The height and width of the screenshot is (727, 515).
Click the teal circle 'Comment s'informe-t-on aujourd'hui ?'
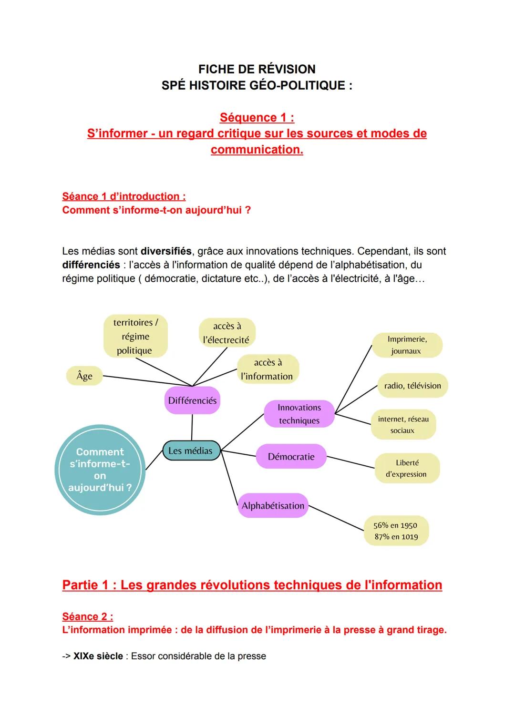pyautogui.click(x=100, y=470)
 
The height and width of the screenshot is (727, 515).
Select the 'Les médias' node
pyautogui.click(x=191, y=451)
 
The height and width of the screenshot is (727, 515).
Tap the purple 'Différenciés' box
pyautogui.click(x=192, y=400)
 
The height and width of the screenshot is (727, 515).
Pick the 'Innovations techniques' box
pyautogui.click(x=299, y=414)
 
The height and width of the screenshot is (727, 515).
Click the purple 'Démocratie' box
pyautogui.click(x=291, y=457)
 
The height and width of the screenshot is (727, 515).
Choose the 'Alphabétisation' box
pyautogui.click(x=273, y=506)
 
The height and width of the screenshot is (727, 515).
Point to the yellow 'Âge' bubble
pyautogui.click(x=84, y=376)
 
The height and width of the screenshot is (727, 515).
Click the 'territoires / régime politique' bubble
pyautogui.click(x=135, y=337)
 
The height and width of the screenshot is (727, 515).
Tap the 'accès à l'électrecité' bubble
pyautogui.click(x=227, y=333)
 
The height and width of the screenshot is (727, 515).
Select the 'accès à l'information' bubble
pyautogui.click(x=268, y=369)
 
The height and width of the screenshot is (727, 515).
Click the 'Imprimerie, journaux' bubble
pyautogui.click(x=407, y=345)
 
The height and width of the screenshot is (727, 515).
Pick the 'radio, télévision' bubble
pyautogui.click(x=412, y=386)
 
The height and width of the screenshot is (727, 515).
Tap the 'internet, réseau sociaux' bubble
pyautogui.click(x=403, y=424)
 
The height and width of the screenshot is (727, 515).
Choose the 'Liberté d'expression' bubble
pyautogui.click(x=407, y=468)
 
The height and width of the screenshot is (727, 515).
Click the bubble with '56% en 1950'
pyautogui.click(x=396, y=531)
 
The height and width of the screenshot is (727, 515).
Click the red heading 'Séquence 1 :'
pyautogui.click(x=257, y=117)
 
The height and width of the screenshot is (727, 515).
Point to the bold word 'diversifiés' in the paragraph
pyautogui.click(x=166, y=251)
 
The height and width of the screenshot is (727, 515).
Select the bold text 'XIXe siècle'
pyautogui.click(x=98, y=656)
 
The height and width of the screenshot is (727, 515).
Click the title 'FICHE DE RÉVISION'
pyautogui.click(x=257, y=69)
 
